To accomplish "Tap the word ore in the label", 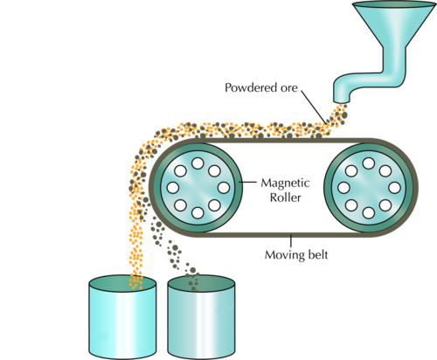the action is click(x=289, y=88).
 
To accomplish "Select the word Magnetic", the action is click(x=285, y=183).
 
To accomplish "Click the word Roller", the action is click(x=285, y=197).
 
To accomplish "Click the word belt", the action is click(x=318, y=254).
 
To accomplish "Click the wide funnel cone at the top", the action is click(x=394, y=24).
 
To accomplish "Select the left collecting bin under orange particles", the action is click(x=122, y=317).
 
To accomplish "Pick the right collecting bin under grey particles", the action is click(x=201, y=317).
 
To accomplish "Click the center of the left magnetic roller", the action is click(x=198, y=188).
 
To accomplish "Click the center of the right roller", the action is click(x=369, y=188).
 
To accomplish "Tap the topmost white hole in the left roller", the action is click(x=198, y=163).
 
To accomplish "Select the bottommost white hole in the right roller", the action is click(x=369, y=213).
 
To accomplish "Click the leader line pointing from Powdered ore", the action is click(x=314, y=107).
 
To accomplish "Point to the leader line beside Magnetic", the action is click(x=247, y=183).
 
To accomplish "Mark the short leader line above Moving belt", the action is click(x=291, y=241).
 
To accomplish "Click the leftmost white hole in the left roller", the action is click(x=173, y=188).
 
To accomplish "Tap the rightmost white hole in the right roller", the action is click(x=394, y=188).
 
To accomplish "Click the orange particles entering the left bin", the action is click(x=136, y=281).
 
